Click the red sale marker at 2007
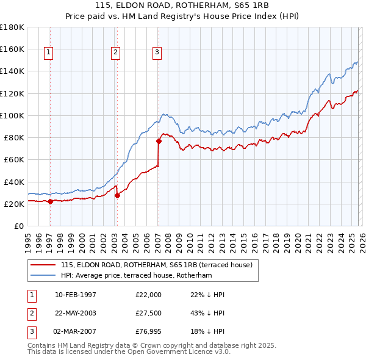tap(159, 141)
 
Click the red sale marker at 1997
tap(50, 201)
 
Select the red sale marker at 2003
tap(117, 195)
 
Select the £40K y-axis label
tap(13, 182)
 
